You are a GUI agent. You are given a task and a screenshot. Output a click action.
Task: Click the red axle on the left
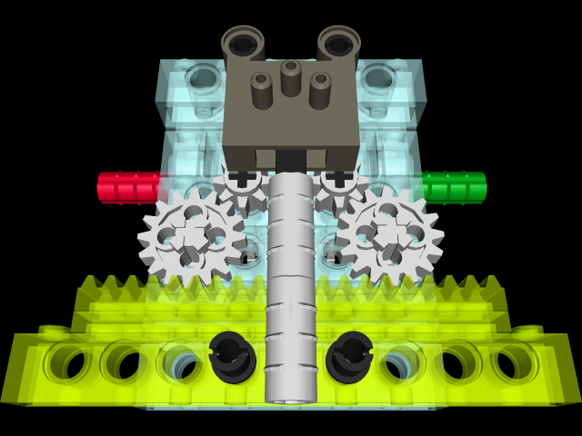coord(127,187)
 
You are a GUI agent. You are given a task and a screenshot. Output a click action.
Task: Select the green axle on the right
coord(455,187)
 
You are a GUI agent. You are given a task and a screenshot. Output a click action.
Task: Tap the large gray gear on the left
coord(190,237)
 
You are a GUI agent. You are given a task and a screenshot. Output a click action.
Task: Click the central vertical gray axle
coord(291,272)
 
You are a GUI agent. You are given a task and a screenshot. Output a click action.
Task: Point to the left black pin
coord(231,355)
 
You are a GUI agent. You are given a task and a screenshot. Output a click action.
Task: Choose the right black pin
coord(350,355)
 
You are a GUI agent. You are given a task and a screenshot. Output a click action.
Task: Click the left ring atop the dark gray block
coord(243,43)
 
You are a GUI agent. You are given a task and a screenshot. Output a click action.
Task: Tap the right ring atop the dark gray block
coord(338,43)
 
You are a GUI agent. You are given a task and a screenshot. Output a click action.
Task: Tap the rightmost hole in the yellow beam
coord(514,362)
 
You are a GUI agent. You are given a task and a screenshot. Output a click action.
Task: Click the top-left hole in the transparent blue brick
coord(202,80)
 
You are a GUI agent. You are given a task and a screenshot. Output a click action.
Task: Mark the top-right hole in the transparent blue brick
coord(379,80)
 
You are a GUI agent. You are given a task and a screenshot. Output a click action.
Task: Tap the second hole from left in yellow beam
coord(125,362)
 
